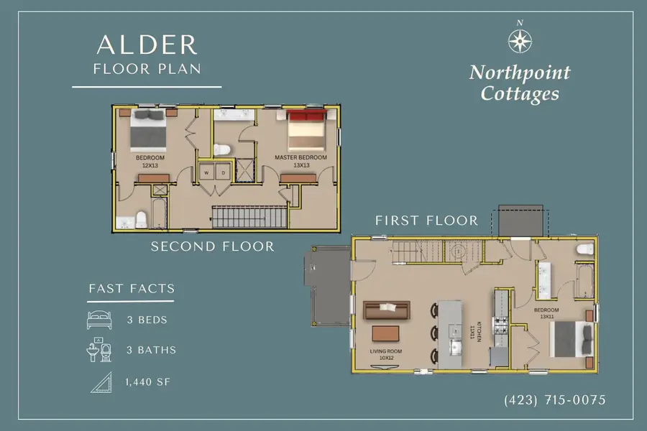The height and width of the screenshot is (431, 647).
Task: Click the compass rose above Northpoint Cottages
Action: [519, 40]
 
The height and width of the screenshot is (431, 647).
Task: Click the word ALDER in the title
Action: [147, 45]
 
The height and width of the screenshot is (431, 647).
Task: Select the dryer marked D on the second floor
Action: [223, 173]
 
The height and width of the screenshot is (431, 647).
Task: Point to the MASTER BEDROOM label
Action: [300, 157]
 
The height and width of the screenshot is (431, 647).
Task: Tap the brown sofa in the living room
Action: [387, 310]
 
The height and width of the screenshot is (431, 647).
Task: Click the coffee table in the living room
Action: [385, 334]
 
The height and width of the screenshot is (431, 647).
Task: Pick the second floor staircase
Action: [248, 215]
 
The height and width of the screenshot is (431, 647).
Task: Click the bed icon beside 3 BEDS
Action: [100, 320]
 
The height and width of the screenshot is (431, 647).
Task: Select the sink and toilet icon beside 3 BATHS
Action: [100, 351]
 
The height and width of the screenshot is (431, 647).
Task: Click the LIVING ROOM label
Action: [386, 352]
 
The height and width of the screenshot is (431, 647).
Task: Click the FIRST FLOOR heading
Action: [426, 221]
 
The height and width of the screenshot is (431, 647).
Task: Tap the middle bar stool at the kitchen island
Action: [433, 334]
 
